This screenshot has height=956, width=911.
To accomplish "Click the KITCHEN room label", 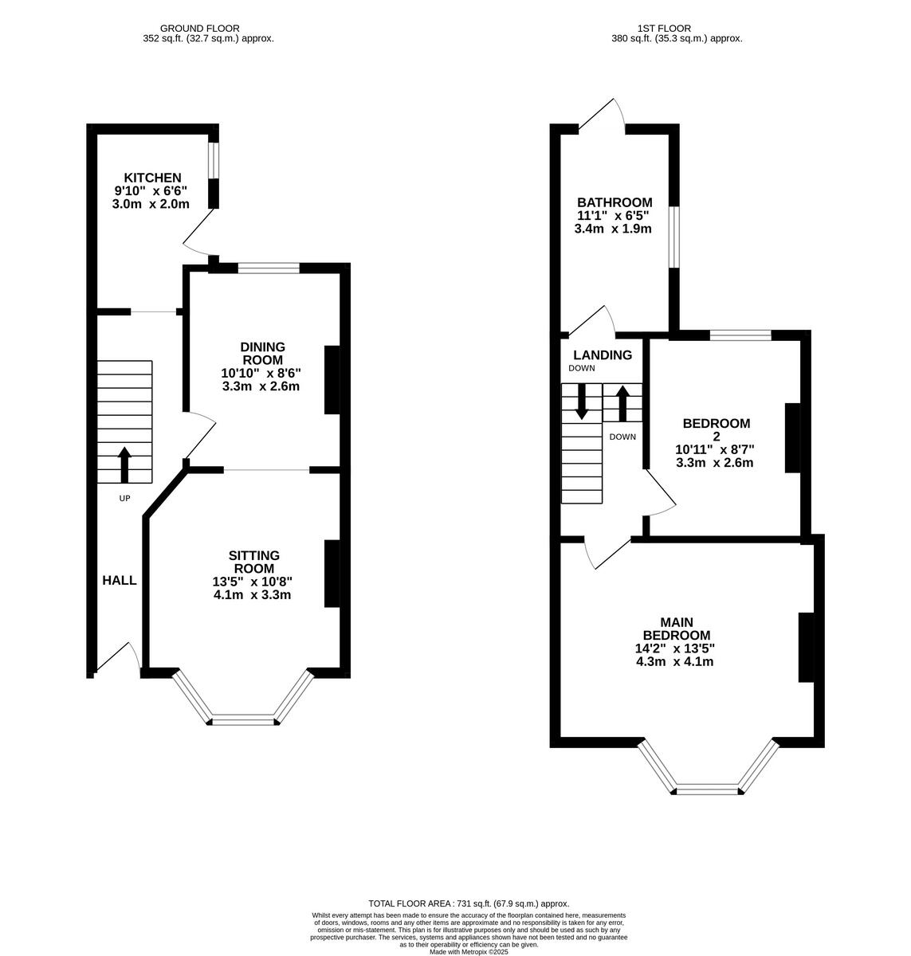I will pyautogui.click(x=151, y=178).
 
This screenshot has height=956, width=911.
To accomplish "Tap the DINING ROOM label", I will pyautogui.click(x=262, y=353).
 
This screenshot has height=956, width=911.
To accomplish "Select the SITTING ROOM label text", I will pyautogui.click(x=253, y=562).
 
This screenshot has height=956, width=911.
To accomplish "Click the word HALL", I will pyautogui.click(x=119, y=581).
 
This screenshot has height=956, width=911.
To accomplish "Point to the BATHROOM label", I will pyautogui.click(x=615, y=202).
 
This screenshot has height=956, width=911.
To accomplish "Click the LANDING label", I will pyautogui.click(x=603, y=355).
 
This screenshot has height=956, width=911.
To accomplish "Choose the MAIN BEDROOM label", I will pyautogui.click(x=676, y=628).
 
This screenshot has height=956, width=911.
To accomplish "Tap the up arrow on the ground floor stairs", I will pyautogui.click(x=124, y=464).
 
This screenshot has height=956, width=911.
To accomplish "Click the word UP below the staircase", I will pyautogui.click(x=124, y=498).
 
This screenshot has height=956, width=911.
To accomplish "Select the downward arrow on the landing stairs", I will pyautogui.click(x=581, y=401).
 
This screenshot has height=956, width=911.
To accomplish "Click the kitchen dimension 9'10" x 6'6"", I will pyautogui.click(x=151, y=191).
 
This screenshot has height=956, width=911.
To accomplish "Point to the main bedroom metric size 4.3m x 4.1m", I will pyautogui.click(x=674, y=661).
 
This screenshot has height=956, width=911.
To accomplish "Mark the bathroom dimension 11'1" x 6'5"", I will pyautogui.click(x=614, y=215).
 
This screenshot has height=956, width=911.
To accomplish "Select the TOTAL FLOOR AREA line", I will pyautogui.click(x=469, y=903).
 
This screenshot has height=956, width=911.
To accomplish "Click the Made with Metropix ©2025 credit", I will pyautogui.click(x=469, y=951).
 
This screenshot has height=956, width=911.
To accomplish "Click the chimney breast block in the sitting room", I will pyautogui.click(x=330, y=574).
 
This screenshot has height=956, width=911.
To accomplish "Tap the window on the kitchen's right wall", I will pyautogui.click(x=213, y=162).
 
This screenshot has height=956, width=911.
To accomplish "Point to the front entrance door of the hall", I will pyautogui.click(x=120, y=658).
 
